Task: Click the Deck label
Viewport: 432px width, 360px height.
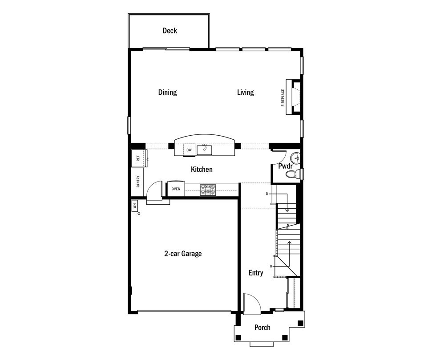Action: pyautogui.click(x=170, y=31)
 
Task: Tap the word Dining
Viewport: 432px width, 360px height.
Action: pyautogui.click(x=168, y=93)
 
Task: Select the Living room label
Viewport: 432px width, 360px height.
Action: pyautogui.click(x=246, y=93)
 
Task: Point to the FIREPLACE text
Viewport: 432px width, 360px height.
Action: pyautogui.click(x=283, y=97)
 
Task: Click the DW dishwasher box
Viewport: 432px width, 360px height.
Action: pyautogui.click(x=189, y=150)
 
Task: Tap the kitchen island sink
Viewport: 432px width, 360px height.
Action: pyautogui.click(x=204, y=150)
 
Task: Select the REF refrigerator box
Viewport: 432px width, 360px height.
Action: pyautogui.click(x=138, y=158)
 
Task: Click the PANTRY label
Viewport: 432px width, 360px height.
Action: pyautogui.click(x=138, y=182)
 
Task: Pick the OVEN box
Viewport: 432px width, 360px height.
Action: pyautogui.click(x=176, y=189)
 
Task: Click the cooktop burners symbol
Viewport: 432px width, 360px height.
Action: pyautogui.click(x=208, y=190)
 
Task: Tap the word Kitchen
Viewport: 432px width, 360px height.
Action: pyautogui.click(x=202, y=169)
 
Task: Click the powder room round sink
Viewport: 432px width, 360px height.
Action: pyautogui.click(x=295, y=158)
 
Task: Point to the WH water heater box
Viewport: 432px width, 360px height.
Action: pyautogui.click(x=135, y=206)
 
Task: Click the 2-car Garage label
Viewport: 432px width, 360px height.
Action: pyautogui.click(x=183, y=254)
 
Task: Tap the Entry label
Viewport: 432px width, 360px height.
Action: pyautogui.click(x=256, y=273)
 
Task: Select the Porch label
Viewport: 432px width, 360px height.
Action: pyautogui.click(x=262, y=328)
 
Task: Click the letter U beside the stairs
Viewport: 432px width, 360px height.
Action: pyautogui.click(x=271, y=266)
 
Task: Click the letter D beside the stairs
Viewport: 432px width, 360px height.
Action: pyautogui.click(x=267, y=194)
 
